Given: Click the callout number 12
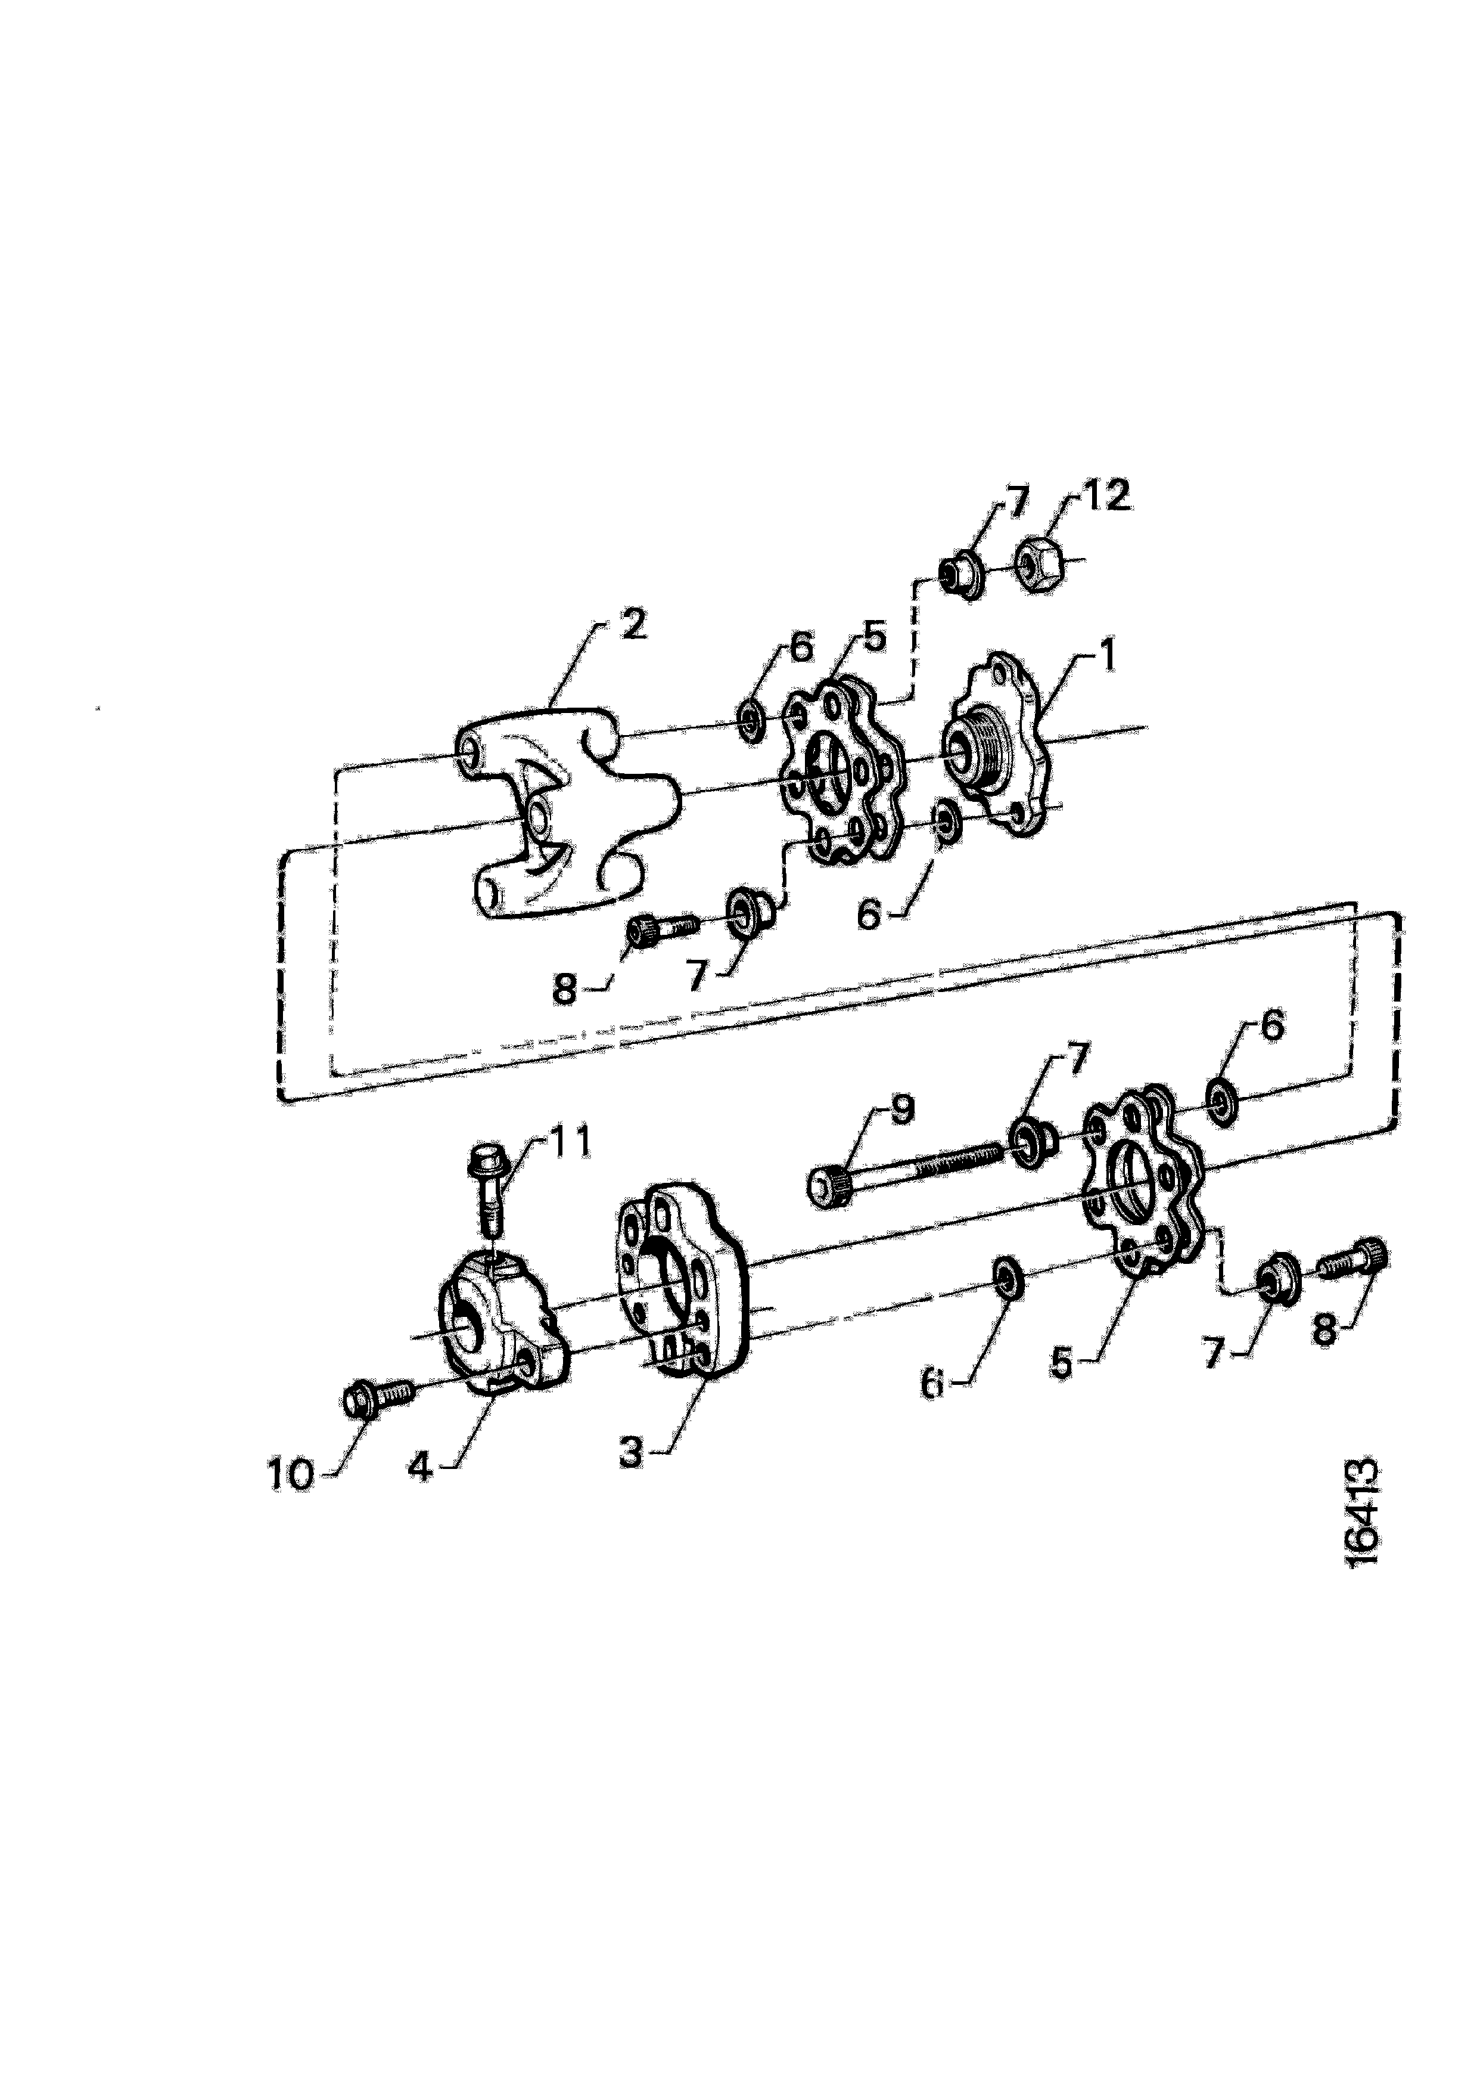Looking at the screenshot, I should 1107,497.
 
